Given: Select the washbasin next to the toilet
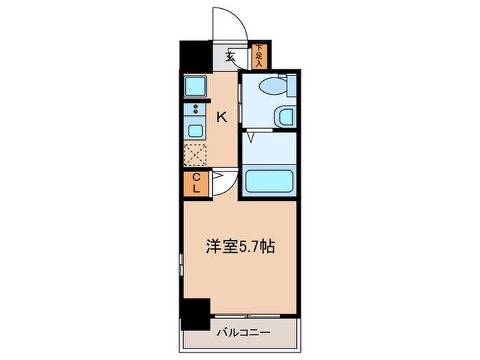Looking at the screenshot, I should coord(284,116).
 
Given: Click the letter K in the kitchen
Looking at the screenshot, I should coord(221,117).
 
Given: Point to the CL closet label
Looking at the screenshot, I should coord(195,182).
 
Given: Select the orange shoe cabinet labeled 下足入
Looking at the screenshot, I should coord(259,56).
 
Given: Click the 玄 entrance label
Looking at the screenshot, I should coord(231,57).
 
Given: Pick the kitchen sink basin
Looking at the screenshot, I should coord(195,130).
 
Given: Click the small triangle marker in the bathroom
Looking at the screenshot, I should coord(252,138).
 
